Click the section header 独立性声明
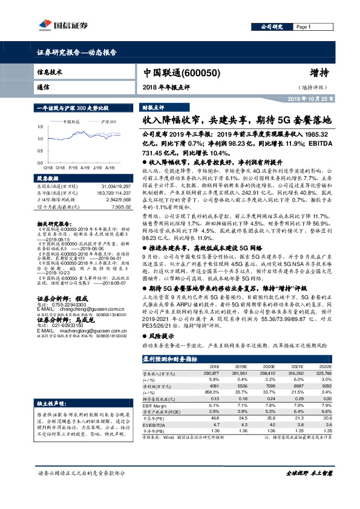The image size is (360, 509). (x=54, y=403)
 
